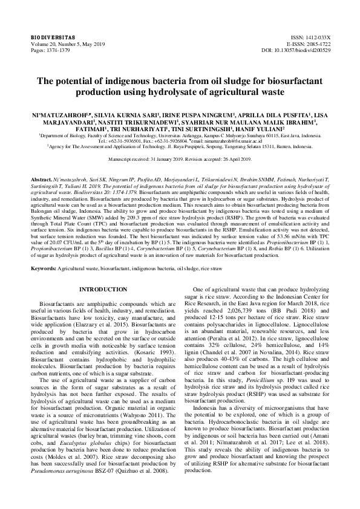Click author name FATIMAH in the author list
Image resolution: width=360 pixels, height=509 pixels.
[x=89, y=128]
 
